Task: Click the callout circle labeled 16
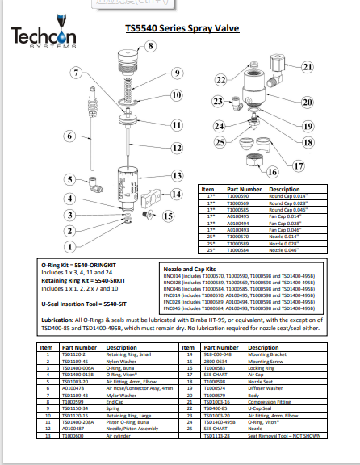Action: click(272, 172)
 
